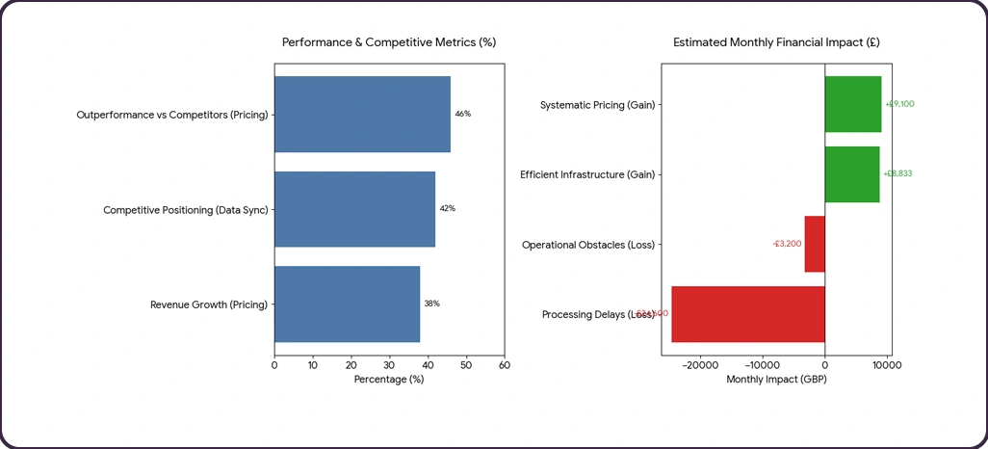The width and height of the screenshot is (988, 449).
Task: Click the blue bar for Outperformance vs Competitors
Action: click(x=362, y=114)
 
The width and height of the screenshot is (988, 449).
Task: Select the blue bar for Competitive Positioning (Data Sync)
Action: click(x=354, y=209)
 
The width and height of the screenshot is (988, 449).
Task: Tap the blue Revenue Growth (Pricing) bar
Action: click(x=347, y=304)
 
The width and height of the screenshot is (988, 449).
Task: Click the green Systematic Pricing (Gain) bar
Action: click(x=853, y=104)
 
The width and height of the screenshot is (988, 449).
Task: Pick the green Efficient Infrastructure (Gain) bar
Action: click(x=852, y=174)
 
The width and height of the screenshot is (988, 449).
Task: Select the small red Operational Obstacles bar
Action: click(x=815, y=244)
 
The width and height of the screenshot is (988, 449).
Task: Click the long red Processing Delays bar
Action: click(x=748, y=314)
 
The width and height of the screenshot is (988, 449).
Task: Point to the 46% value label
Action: click(x=462, y=114)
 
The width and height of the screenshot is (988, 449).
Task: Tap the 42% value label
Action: click(x=447, y=209)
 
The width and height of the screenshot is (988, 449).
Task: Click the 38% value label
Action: click(x=431, y=304)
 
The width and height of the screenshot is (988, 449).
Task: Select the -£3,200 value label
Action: click(x=787, y=244)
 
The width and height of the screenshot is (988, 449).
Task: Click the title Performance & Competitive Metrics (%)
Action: click(x=389, y=42)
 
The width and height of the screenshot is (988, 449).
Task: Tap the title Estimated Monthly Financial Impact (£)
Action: click(x=776, y=42)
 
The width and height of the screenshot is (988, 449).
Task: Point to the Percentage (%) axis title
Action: click(x=389, y=380)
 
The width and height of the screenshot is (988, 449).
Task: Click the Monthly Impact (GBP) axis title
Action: click(x=776, y=380)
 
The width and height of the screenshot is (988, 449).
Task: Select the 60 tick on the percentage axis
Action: click(x=505, y=365)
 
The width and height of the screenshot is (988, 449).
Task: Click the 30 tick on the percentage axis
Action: click(x=389, y=365)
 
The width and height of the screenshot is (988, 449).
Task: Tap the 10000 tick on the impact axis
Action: click(x=887, y=365)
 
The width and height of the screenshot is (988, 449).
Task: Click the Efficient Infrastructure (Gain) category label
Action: click(x=587, y=174)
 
